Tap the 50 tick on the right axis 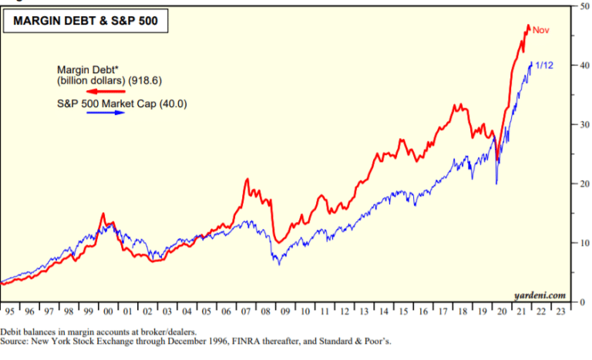[584, 6]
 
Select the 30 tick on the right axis [584, 124]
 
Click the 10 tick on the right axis [584, 242]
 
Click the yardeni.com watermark [540, 294]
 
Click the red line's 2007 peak [247, 180]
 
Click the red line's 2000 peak [103, 214]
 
